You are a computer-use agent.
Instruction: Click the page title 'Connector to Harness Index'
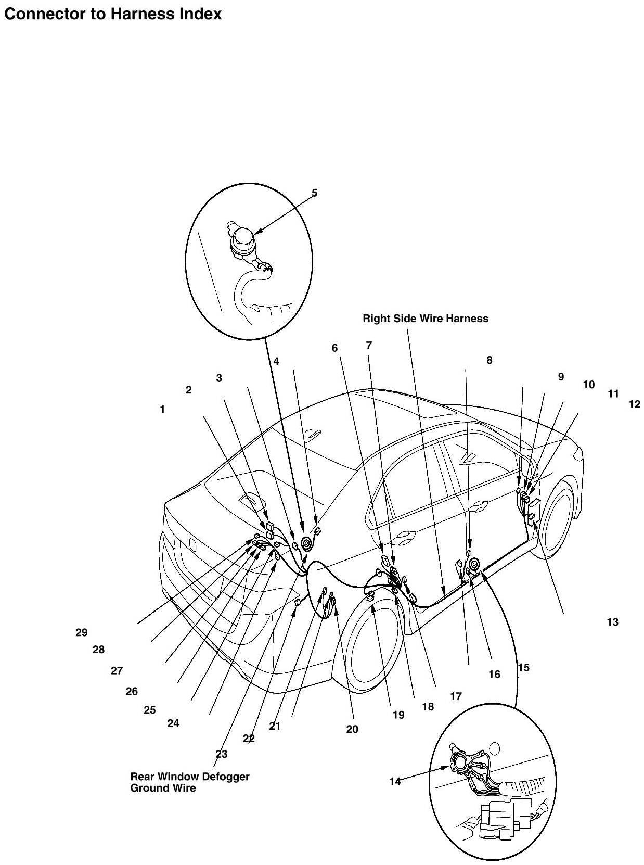tap(113, 14)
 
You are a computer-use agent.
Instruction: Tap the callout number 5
tap(314, 193)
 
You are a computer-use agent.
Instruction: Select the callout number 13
tap(612, 622)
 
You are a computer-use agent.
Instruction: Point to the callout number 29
tap(81, 633)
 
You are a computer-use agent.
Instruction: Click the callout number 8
tap(489, 360)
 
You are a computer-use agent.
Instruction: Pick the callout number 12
tap(634, 404)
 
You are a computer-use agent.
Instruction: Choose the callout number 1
tap(162, 410)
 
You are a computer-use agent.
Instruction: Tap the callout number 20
tap(352, 730)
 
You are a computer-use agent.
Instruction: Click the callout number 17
tap(456, 696)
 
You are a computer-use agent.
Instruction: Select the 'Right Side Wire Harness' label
tap(426, 319)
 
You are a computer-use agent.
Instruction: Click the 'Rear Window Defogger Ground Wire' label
tap(190, 782)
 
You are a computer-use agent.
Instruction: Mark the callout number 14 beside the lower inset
tap(395, 781)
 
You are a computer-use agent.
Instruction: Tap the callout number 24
tap(173, 723)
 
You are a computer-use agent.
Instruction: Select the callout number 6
tap(335, 348)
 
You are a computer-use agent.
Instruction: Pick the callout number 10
tap(588, 385)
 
